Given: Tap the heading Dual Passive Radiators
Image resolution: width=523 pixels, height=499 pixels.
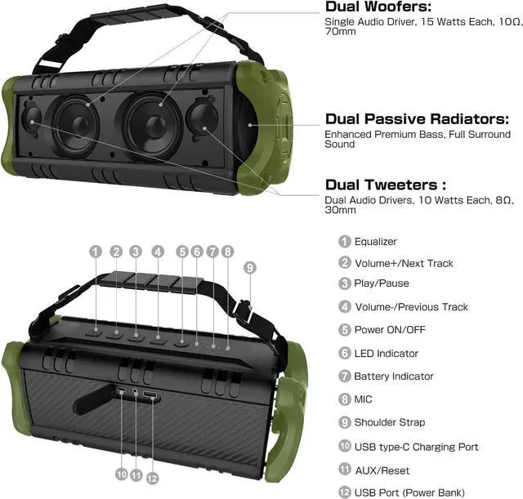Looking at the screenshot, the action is (418, 119).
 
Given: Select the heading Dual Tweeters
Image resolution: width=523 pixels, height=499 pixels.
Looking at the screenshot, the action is (386, 185).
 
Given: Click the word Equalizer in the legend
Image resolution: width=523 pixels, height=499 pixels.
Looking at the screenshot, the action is (375, 242).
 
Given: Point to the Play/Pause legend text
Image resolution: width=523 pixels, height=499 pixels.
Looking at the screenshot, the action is (382, 283).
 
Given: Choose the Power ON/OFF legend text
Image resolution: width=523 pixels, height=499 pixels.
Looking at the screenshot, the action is (390, 330).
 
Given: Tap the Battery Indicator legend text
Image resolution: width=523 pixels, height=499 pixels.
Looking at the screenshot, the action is (394, 376).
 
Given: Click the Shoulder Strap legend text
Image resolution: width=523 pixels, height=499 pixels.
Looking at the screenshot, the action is (389, 423).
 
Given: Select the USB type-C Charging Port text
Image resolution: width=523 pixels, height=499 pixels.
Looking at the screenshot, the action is (416, 448).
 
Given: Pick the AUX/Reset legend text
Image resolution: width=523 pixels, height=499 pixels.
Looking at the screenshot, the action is (382, 470).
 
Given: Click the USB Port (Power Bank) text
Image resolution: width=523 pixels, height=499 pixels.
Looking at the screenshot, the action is (409, 492).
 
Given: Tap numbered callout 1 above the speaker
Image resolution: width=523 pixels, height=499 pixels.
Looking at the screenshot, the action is (96, 252).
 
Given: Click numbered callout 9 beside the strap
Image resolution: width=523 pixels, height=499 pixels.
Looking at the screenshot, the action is (250, 267).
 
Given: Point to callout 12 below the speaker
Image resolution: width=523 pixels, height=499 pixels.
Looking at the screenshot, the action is (152, 477).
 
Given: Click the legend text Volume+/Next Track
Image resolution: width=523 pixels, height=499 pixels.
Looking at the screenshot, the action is (404, 264).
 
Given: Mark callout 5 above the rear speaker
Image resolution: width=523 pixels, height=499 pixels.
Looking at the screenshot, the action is (182, 252).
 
